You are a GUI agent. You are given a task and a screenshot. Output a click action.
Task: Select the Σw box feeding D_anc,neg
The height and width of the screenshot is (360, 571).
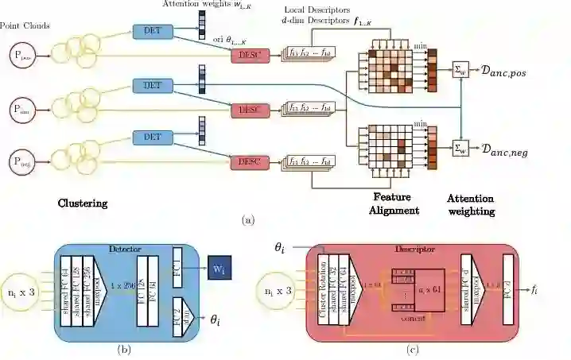click(460, 147)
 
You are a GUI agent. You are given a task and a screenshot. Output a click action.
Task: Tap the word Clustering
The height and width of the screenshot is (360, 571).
click(83, 203)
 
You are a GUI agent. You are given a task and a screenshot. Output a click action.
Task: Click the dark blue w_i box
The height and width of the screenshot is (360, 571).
click(219, 270)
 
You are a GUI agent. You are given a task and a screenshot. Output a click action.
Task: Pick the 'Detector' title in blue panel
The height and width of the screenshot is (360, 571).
click(120, 250)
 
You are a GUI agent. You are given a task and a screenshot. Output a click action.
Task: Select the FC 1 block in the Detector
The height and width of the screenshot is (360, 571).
click(177, 269)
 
